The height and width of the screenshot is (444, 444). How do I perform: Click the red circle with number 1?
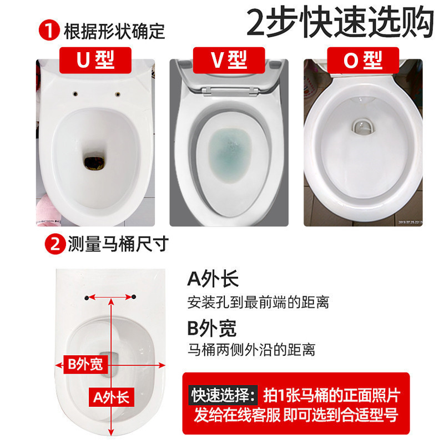coord(52,31)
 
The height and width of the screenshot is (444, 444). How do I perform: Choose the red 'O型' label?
coord(363,59)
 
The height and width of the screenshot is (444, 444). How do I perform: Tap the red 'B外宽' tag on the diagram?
coord(85,365)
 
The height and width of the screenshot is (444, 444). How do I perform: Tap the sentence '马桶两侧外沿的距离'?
coord(252,351)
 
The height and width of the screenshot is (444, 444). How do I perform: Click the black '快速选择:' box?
coord(224,395)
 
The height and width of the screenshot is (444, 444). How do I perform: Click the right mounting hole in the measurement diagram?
coord(134,298)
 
